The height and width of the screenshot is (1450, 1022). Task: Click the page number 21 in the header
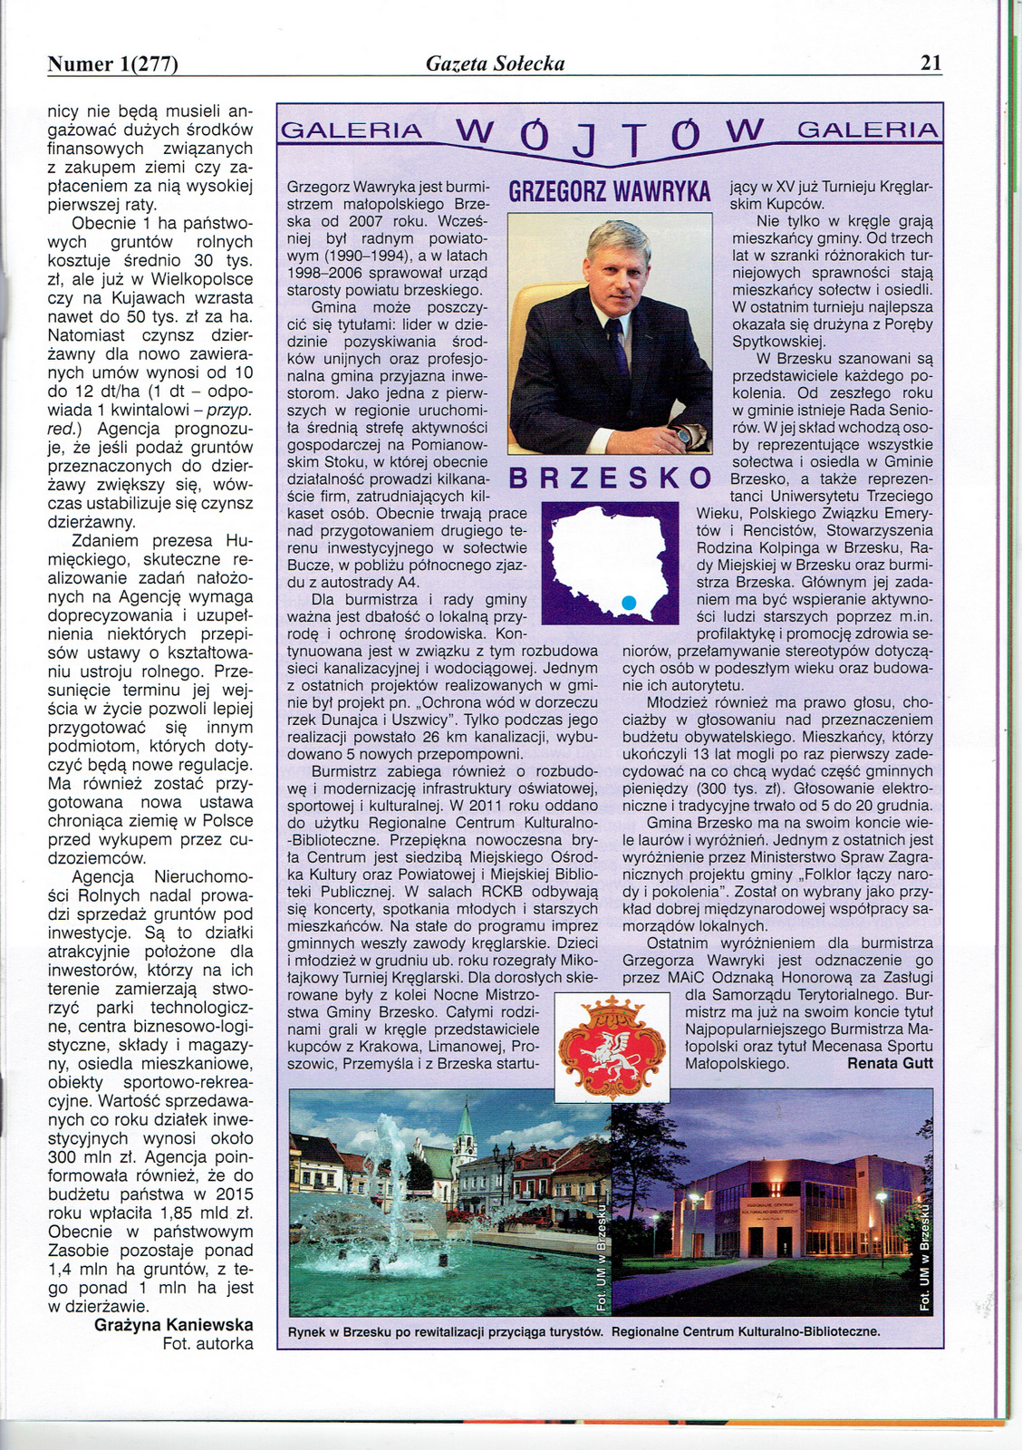tap(930, 63)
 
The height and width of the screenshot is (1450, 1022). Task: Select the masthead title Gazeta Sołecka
tap(495, 63)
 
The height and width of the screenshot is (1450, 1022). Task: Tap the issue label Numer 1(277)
tap(112, 63)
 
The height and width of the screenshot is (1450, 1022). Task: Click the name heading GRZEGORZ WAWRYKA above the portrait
tap(609, 192)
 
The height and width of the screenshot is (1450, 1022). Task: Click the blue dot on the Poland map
tap(630, 601)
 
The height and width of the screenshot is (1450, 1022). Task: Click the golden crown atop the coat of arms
tap(612, 1006)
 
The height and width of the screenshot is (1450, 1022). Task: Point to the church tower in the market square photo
tap(465, 1128)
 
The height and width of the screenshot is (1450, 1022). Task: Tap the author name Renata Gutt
tap(890, 1063)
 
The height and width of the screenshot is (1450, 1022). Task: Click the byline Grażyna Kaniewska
tap(174, 1325)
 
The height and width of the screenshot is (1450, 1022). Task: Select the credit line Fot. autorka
tap(207, 1344)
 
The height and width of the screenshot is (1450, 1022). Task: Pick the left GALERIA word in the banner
tap(352, 130)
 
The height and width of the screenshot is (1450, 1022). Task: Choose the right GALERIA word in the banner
tap(867, 130)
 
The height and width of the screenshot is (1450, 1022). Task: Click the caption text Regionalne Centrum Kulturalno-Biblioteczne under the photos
tap(746, 1331)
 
